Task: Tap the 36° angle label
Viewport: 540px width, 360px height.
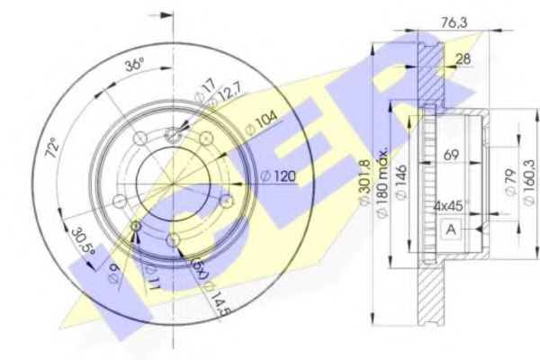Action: pos(133,65)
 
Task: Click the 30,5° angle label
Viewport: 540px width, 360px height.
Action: pos(85,241)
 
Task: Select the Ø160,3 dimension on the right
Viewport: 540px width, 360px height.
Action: pos(528,184)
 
